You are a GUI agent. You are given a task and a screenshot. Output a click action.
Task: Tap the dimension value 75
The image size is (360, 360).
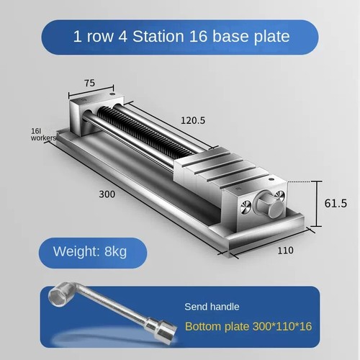90,83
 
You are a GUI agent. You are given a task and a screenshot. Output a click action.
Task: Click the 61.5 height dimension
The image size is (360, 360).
336,204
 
